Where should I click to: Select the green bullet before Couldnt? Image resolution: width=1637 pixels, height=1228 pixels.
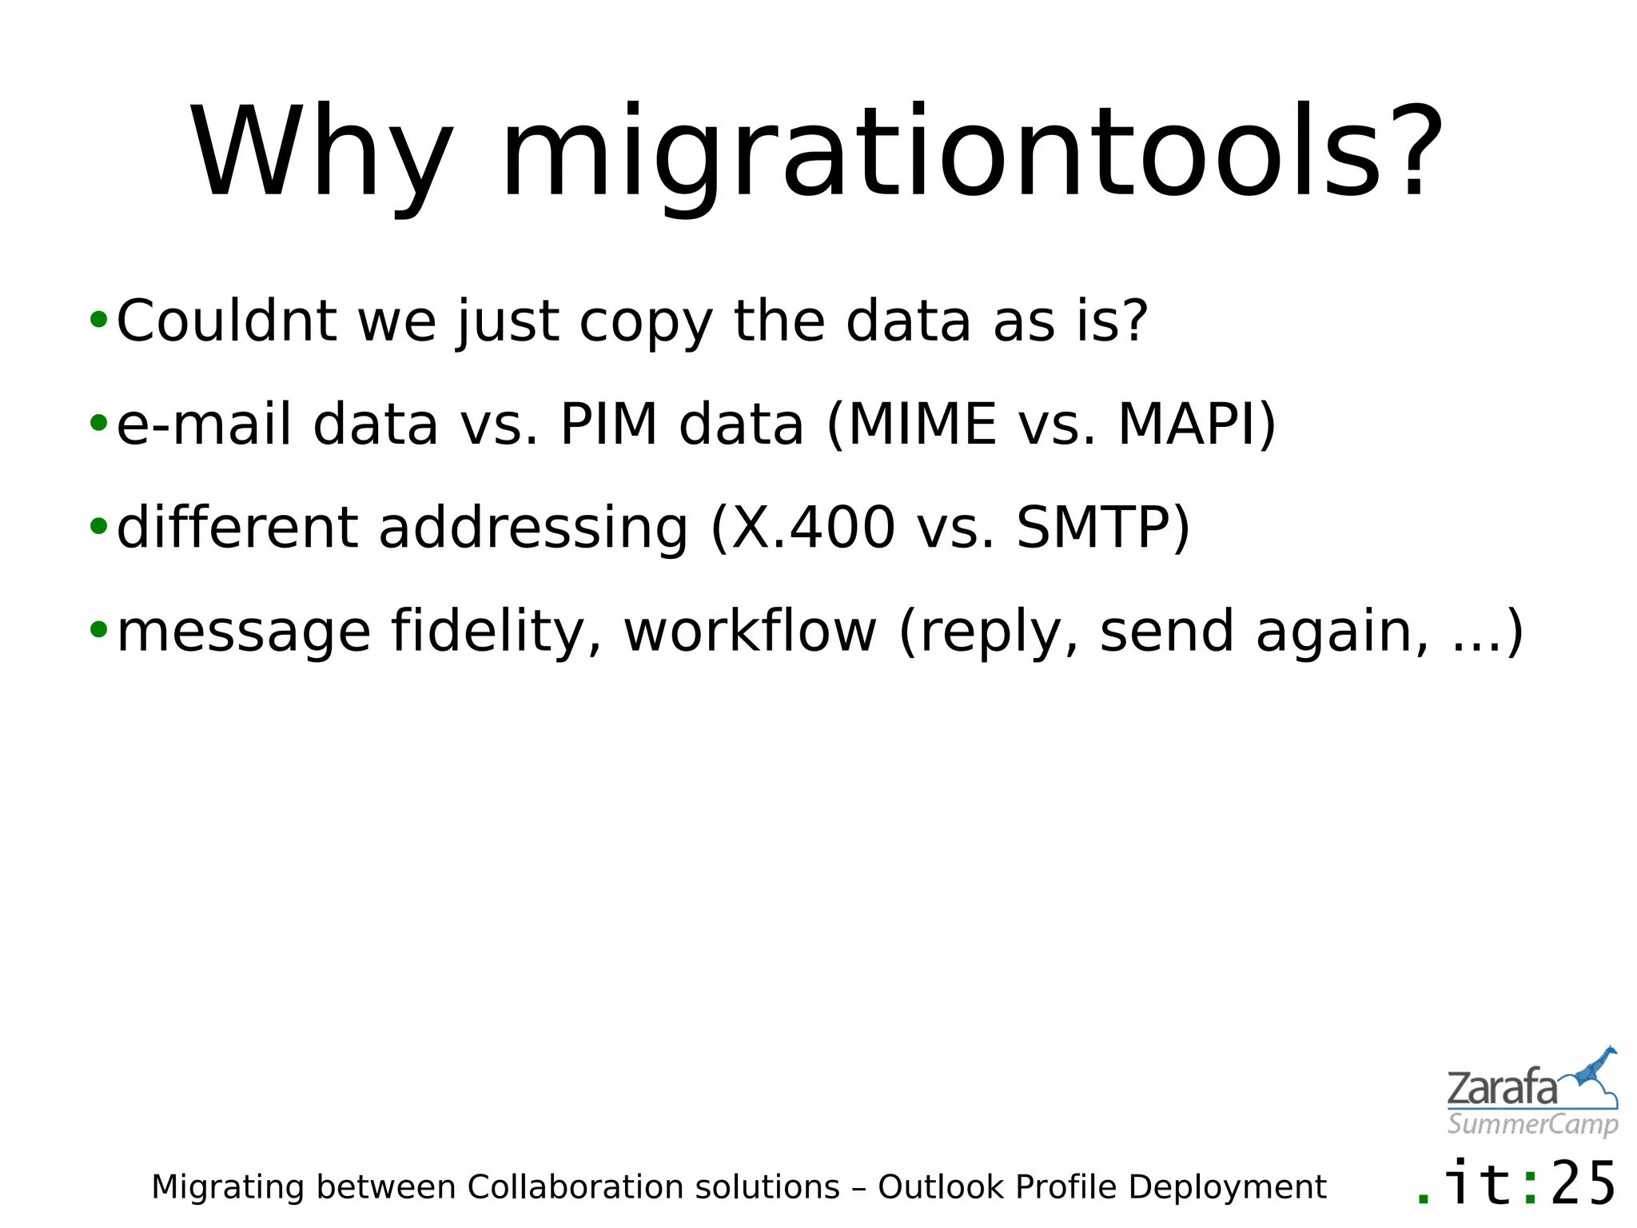click(x=98, y=321)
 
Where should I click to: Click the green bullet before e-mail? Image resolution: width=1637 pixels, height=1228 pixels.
click(x=98, y=424)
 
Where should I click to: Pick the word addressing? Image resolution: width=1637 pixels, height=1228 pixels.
click(x=532, y=529)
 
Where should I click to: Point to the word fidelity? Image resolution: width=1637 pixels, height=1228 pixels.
click(x=496, y=632)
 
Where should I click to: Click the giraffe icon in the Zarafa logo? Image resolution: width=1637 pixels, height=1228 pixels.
click(x=1594, y=1075)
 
